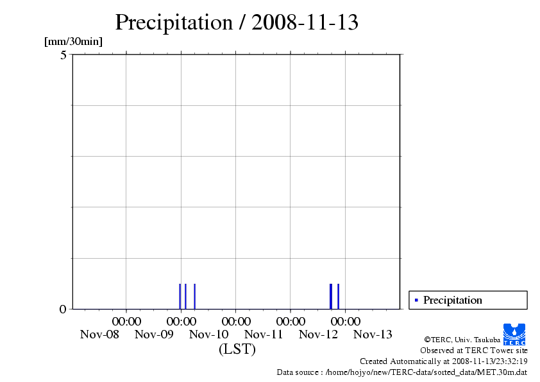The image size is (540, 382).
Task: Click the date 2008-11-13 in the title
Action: (305, 22)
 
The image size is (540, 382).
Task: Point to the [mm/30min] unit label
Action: (73, 42)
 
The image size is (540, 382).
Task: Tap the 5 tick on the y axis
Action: (63, 55)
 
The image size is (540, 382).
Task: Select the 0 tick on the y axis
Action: (63, 309)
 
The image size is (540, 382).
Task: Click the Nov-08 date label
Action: (99, 334)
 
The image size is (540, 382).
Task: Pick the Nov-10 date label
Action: (209, 334)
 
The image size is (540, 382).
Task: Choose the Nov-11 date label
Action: (264, 334)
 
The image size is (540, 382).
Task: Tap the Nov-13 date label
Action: (373, 334)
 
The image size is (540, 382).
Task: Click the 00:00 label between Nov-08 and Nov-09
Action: (126, 321)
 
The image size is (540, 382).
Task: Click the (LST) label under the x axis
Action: (237, 349)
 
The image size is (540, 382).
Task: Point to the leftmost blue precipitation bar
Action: (180, 296)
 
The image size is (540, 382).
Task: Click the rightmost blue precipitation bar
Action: (338, 296)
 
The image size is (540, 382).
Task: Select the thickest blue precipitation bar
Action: (331, 296)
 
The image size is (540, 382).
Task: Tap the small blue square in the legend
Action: (416, 300)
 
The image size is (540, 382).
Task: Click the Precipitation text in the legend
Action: (453, 300)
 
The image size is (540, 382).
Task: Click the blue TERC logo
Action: (514, 334)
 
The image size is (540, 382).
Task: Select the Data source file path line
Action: (402, 372)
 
